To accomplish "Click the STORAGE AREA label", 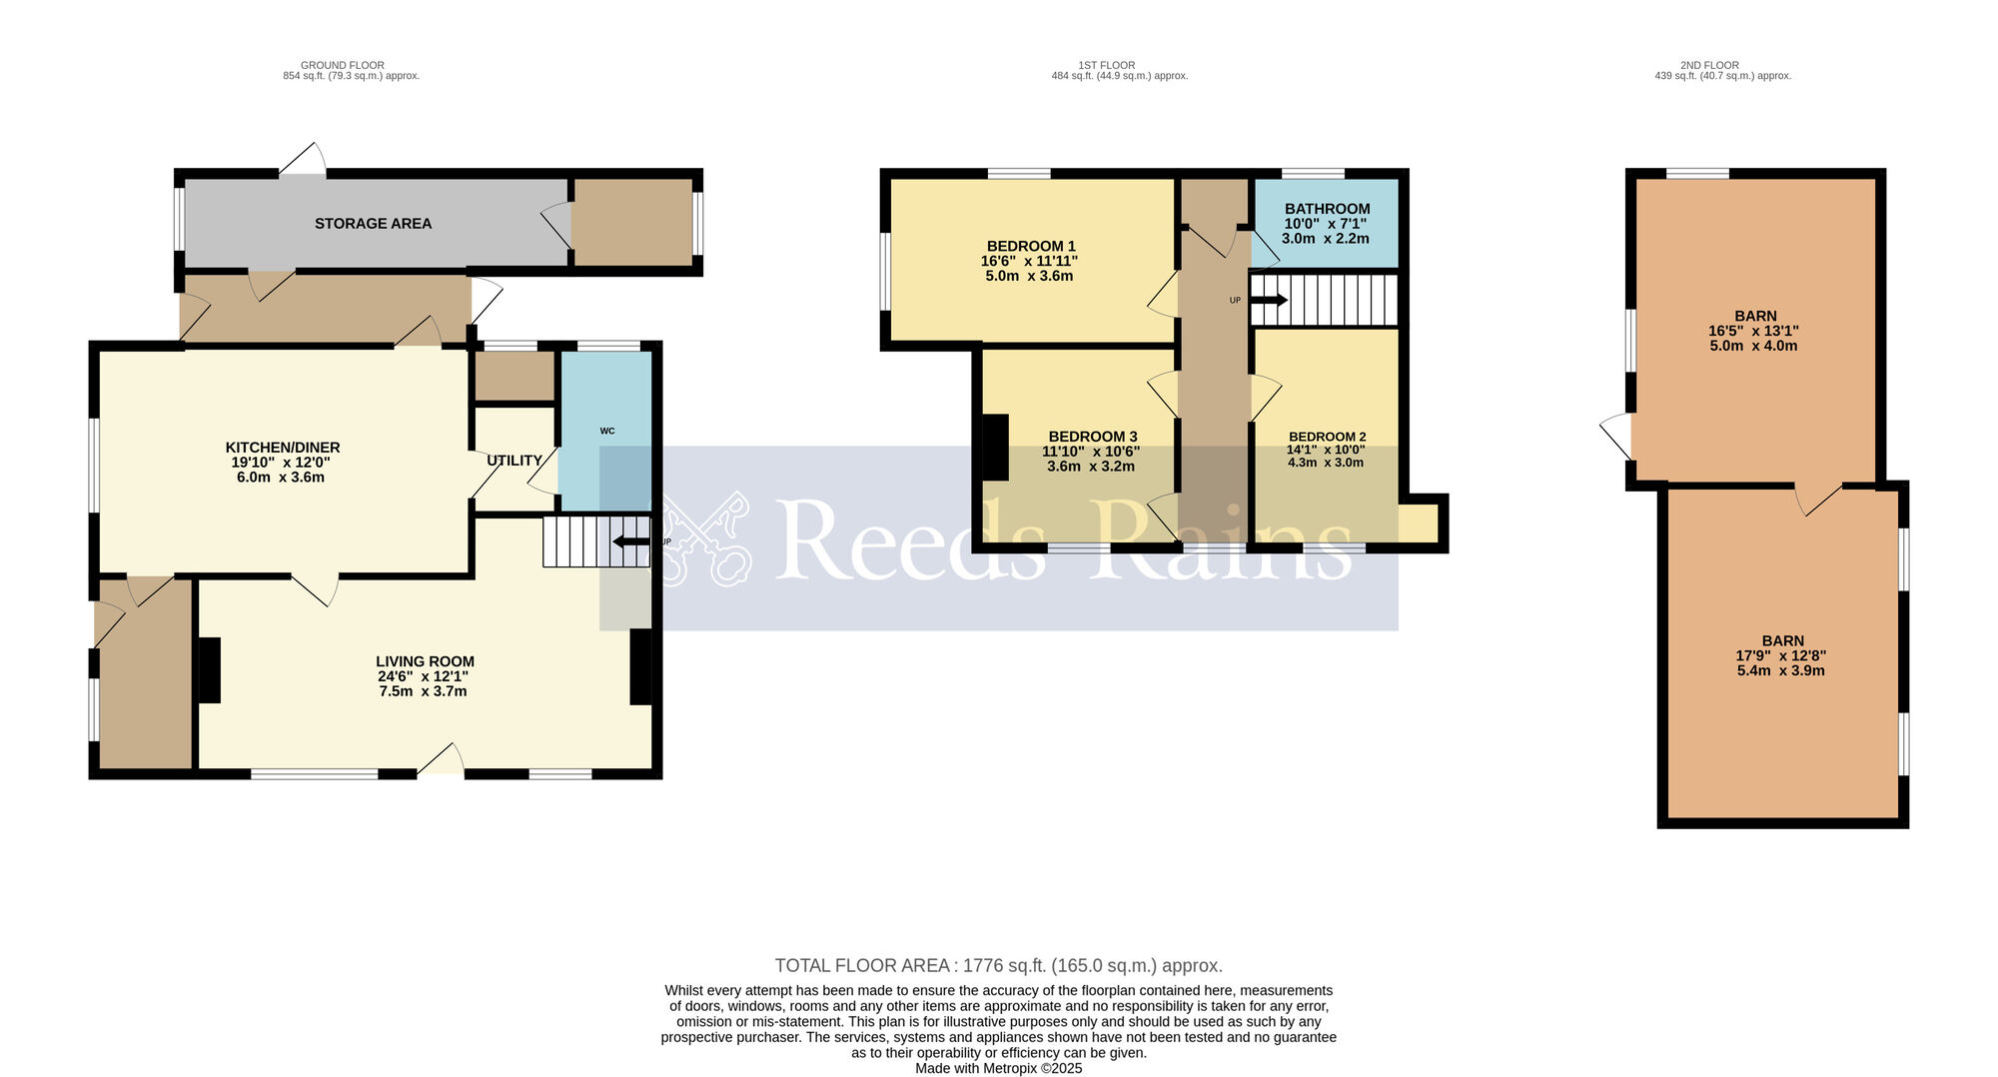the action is (x=373, y=224).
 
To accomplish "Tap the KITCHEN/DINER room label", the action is (x=283, y=448).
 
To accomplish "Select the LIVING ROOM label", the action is (x=425, y=661).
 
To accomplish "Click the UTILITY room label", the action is (x=514, y=461).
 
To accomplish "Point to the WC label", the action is (x=607, y=432).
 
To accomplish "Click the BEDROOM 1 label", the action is (x=1031, y=247).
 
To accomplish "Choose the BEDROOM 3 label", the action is (x=1093, y=437).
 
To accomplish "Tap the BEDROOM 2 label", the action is (x=1327, y=437).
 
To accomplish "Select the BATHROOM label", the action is (x=1327, y=209).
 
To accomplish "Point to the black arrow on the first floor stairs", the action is (x=1269, y=299).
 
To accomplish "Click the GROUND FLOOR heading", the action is (x=343, y=65).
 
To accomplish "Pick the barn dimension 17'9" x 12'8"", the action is (x=1780, y=656).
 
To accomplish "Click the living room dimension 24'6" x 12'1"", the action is (x=423, y=676).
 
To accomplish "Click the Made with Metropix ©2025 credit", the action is (x=999, y=1068).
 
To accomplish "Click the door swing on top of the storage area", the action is (x=304, y=159).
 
